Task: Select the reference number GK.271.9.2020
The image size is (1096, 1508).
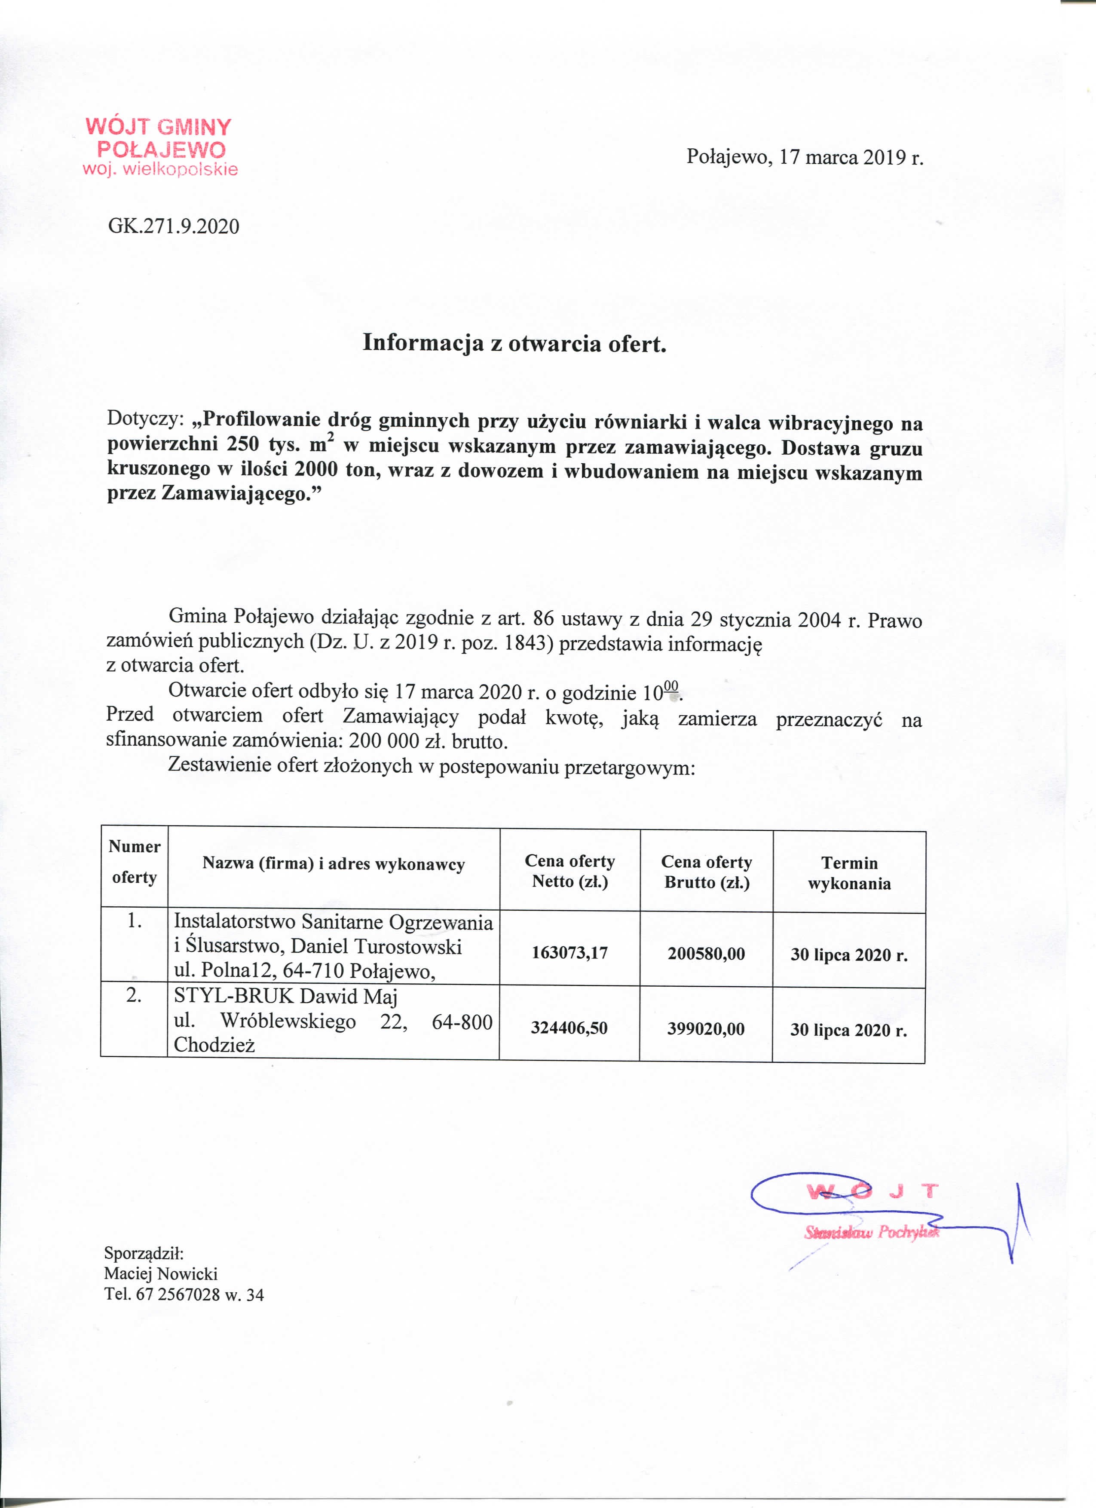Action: pyautogui.click(x=174, y=227)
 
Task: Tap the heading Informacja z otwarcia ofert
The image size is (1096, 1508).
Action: pyautogui.click(x=514, y=343)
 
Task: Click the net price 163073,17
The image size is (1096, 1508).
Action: pyautogui.click(x=569, y=953)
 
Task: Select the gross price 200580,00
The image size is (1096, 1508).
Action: pyautogui.click(x=706, y=954)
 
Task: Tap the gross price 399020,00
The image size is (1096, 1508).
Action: pyautogui.click(x=706, y=1029)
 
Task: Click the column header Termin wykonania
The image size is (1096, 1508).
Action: pyautogui.click(x=849, y=873)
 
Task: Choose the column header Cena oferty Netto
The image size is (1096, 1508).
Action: pyautogui.click(x=570, y=871)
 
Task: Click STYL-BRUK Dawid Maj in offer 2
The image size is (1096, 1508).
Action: pyautogui.click(x=285, y=997)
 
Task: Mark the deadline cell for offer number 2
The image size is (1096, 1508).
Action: pyautogui.click(x=848, y=1030)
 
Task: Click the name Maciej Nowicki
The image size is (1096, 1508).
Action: pyautogui.click(x=160, y=1274)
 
